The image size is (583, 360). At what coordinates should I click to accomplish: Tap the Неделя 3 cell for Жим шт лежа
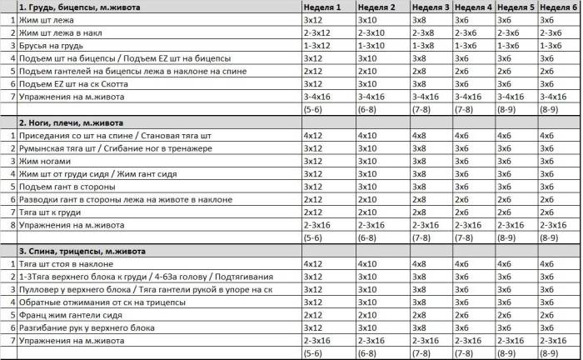pyautogui.click(x=421, y=19)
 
